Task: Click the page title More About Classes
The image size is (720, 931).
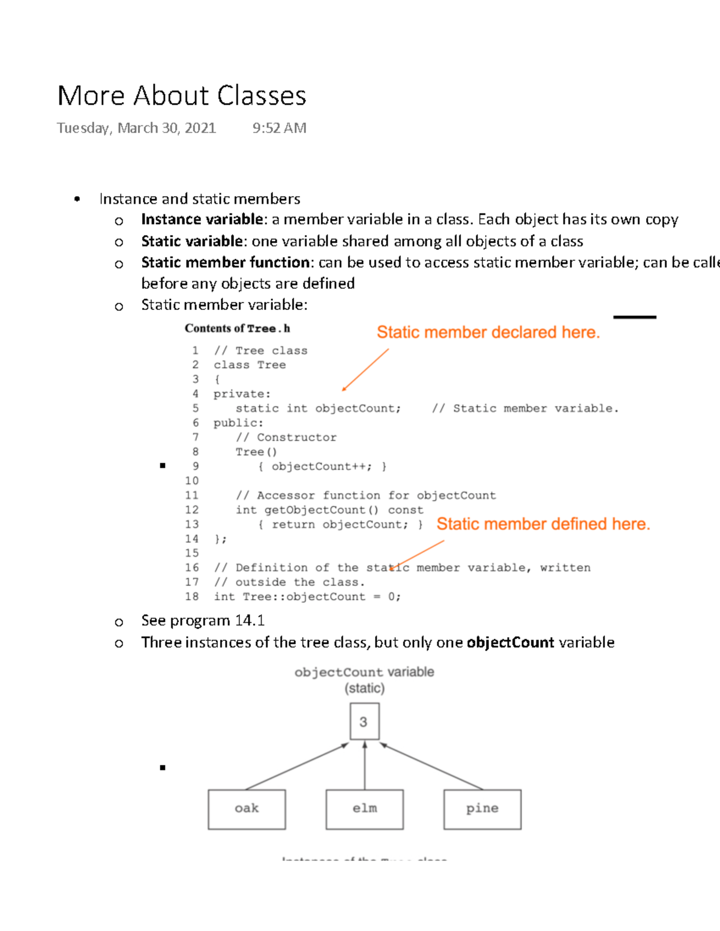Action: click(x=181, y=96)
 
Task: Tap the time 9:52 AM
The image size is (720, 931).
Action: click(x=279, y=128)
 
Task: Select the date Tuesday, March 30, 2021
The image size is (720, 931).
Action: click(x=136, y=128)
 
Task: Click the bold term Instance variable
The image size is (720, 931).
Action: click(x=202, y=219)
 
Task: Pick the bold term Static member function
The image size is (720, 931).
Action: click(x=225, y=263)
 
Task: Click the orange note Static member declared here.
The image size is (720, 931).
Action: click(x=488, y=332)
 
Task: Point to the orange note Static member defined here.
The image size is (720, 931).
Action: click(x=543, y=524)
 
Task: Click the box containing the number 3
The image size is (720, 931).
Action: click(x=364, y=722)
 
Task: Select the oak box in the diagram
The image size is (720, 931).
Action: click(x=247, y=809)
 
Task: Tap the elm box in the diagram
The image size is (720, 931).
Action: click(x=364, y=809)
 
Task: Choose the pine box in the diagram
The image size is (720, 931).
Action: click(x=482, y=809)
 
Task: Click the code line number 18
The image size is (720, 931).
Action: click(x=192, y=596)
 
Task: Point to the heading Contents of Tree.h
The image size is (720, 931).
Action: click(x=237, y=329)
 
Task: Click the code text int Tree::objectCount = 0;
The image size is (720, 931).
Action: click(x=307, y=596)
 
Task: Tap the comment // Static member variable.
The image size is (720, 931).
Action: click(x=525, y=408)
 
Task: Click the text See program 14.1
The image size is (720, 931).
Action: click(x=203, y=620)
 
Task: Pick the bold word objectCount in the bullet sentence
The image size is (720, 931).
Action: click(x=510, y=643)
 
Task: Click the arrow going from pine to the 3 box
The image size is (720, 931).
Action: click(x=432, y=766)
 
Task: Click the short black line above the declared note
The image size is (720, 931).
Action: click(x=634, y=317)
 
